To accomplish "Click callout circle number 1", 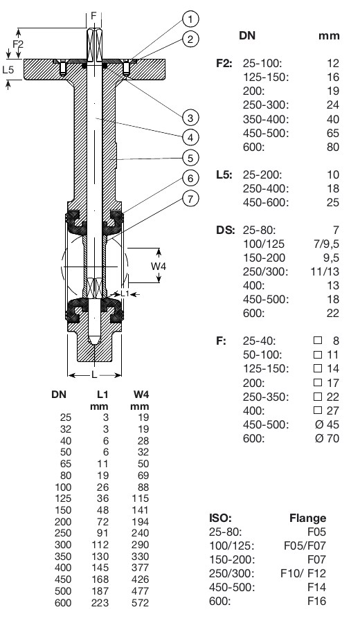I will tap(191, 19).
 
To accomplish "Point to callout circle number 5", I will tap(191, 157).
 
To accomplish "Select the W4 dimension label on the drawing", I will tap(159, 266).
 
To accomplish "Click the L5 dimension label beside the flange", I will tap(8, 69).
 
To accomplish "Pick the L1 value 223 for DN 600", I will tap(101, 603).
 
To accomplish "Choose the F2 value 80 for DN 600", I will tap(332, 147).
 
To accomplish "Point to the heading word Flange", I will tap(307, 518).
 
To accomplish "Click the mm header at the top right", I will tap(328, 35).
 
